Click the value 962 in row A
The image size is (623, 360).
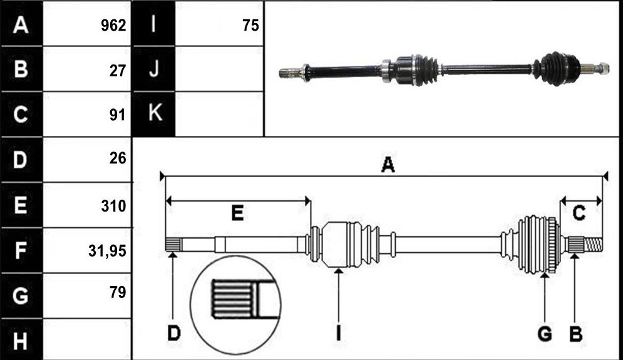[113, 26]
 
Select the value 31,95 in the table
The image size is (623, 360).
[107, 251]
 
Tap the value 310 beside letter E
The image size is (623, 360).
[113, 206]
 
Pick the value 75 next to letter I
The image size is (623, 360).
[250, 26]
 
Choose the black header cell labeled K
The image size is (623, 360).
[154, 114]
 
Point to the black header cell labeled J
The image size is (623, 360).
[154, 69]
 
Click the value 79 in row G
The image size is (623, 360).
[118, 292]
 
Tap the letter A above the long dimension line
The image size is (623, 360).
[388, 165]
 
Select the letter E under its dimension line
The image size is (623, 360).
[237, 213]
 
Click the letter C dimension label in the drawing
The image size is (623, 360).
[579, 213]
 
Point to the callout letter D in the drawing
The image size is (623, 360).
[173, 333]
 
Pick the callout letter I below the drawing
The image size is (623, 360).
[338, 333]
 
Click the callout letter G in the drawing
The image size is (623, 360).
[545, 333]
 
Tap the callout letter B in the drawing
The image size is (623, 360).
[575, 333]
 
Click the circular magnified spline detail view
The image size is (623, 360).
[235, 305]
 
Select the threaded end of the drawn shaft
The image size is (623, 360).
[593, 244]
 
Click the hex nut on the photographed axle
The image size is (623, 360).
[603, 68]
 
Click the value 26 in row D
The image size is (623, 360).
[118, 158]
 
